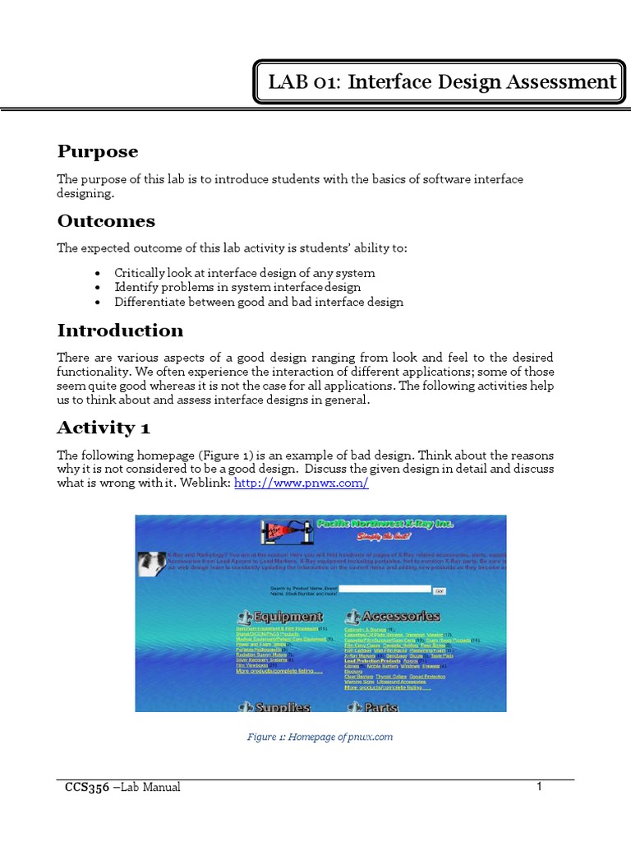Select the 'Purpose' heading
(97, 151)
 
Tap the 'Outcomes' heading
(105, 221)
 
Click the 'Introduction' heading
(120, 331)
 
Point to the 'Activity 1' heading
(103, 428)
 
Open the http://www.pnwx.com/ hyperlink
(302, 483)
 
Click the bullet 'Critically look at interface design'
(244, 273)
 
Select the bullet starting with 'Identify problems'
(237, 287)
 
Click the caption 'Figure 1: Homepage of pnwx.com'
(320, 737)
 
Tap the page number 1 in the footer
(540, 787)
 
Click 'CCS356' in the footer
(86, 788)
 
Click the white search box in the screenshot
(385, 590)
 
